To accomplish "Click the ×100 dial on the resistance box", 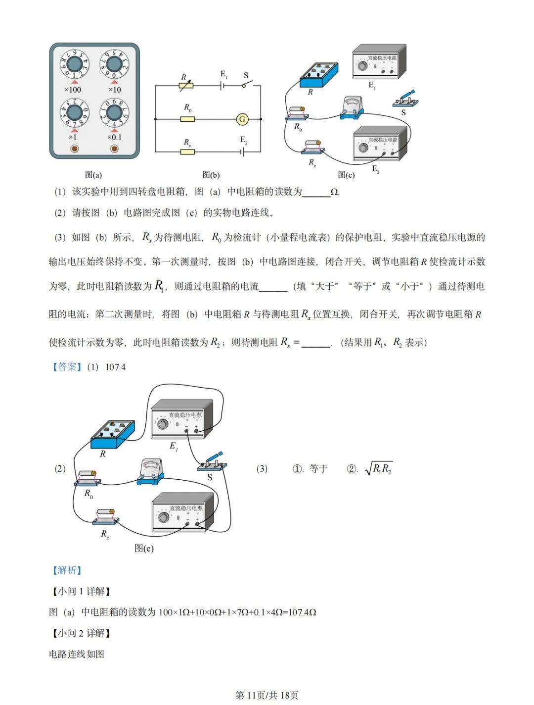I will (75, 64).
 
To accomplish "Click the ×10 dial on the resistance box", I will (114, 64).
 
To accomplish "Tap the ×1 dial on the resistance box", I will (75, 113).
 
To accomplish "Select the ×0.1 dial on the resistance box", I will (114, 113).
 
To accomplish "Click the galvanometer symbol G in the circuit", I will (242, 119).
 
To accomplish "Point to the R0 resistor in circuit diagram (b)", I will (187, 119).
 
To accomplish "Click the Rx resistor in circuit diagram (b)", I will (187, 151).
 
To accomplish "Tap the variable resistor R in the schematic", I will (186, 86).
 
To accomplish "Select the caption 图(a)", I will (93, 175).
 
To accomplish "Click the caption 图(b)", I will (211, 175).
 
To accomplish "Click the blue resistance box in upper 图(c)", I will (319, 74).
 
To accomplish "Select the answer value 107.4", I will (115, 367).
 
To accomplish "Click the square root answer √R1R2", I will (379, 469).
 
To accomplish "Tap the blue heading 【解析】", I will (67, 570).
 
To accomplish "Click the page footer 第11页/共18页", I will (267, 695).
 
